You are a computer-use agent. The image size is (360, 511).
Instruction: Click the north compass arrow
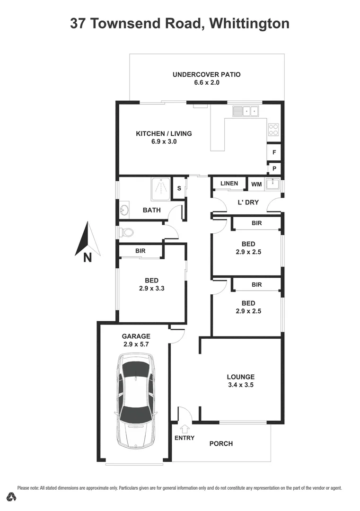(x=87, y=239)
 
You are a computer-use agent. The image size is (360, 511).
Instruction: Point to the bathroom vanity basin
(x=124, y=209)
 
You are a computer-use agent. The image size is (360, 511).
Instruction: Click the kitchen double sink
(x=245, y=111)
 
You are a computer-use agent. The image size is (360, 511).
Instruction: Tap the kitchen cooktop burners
(x=273, y=129)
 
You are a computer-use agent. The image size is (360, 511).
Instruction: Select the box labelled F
(x=274, y=152)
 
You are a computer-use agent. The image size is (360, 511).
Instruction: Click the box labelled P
(x=274, y=168)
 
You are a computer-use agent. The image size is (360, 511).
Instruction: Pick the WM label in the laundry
(x=256, y=184)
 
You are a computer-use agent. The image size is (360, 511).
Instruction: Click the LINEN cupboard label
(x=229, y=183)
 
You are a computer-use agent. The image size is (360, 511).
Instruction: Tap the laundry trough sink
(x=272, y=185)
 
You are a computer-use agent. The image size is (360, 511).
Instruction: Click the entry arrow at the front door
(x=185, y=429)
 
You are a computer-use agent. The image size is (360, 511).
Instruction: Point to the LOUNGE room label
(x=240, y=377)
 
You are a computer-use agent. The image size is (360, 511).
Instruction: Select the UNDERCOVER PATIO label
(x=206, y=74)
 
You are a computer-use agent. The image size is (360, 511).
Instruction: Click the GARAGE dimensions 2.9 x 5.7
(x=136, y=344)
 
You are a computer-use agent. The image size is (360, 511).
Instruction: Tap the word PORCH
(x=221, y=443)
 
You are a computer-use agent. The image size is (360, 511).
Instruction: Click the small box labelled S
(x=179, y=188)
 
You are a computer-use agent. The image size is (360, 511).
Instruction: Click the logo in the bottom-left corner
(x=12, y=497)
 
